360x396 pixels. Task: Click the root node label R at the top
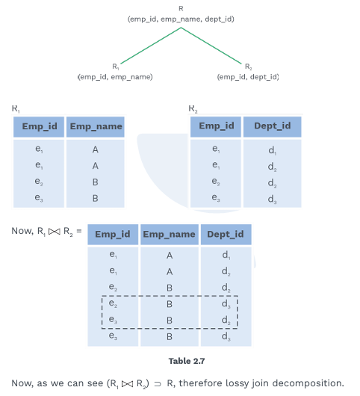click(181, 8)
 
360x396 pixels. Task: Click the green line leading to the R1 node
click(151, 46)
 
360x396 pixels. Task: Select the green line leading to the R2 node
click(211, 46)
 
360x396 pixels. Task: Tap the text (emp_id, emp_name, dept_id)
click(181, 19)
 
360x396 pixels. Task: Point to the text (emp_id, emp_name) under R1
click(115, 77)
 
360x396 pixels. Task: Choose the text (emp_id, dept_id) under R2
click(248, 77)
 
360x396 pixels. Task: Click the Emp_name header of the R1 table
click(96, 126)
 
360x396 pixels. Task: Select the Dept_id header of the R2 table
click(273, 126)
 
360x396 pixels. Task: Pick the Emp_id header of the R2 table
click(217, 126)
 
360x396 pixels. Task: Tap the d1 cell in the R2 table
click(272, 150)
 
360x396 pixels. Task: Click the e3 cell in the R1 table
click(39, 197)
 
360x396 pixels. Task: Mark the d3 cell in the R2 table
click(272, 199)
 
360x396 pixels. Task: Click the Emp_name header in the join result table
click(169, 235)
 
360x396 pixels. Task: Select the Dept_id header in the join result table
click(226, 235)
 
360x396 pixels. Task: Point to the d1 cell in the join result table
click(226, 255)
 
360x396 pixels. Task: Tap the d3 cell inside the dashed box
click(226, 304)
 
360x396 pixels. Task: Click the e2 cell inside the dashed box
click(113, 303)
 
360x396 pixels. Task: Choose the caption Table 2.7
click(187, 361)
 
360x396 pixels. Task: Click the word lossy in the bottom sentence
click(237, 383)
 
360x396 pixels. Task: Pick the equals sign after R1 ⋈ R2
click(79, 231)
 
